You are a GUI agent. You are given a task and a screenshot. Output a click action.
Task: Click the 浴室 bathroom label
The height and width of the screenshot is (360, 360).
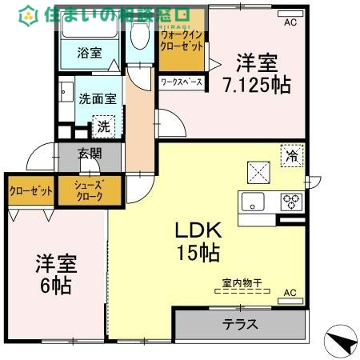(x=89, y=54)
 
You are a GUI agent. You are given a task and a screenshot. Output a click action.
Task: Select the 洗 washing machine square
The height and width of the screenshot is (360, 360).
(x=103, y=125)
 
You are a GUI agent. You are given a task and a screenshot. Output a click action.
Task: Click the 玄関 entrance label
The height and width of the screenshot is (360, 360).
(x=90, y=154)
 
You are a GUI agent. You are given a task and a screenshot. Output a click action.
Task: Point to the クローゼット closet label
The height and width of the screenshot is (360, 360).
(x=30, y=191)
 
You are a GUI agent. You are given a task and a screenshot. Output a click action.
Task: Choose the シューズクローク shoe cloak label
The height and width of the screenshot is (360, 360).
(x=89, y=192)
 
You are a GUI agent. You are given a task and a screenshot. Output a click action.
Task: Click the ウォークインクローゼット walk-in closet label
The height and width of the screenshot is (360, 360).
(x=181, y=41)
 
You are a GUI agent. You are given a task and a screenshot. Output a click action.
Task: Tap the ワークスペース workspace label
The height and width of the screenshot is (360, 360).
(x=181, y=82)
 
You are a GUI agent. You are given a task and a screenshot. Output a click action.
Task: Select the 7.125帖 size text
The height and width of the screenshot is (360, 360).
(x=256, y=83)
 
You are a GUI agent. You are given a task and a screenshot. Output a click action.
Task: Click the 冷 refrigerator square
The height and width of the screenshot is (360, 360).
(x=292, y=156)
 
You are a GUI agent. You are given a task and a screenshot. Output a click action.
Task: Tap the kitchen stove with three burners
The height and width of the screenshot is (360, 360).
(x=291, y=202)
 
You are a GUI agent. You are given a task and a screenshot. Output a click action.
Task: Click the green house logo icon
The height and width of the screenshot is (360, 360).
(x=28, y=14)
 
